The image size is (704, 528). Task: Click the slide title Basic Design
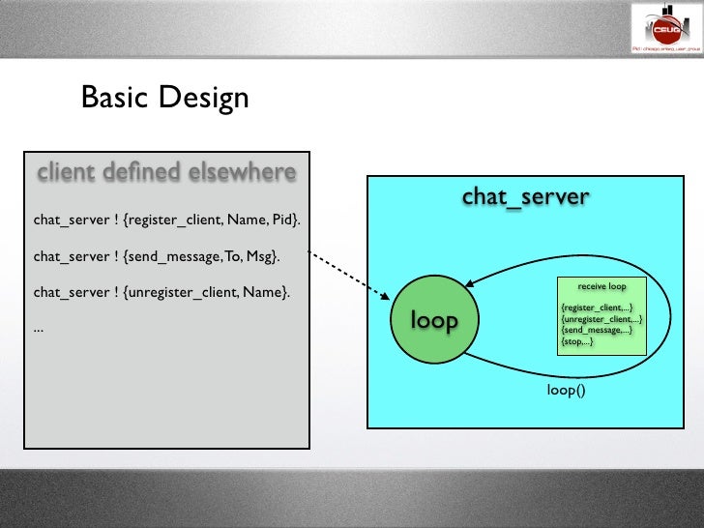coord(165,98)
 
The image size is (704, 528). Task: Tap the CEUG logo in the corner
coord(665,27)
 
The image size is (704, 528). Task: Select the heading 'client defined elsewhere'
coord(166,173)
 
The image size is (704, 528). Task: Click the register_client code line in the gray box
coord(167,220)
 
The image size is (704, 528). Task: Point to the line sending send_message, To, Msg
coord(157,256)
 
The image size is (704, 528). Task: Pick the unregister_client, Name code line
coord(161,292)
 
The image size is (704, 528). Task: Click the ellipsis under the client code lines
coord(38,328)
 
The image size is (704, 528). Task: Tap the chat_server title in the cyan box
coord(525,196)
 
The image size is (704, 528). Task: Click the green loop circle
coord(434,320)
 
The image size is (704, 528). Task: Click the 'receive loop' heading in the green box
coord(601,287)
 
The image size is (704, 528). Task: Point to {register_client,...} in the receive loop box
coord(597,308)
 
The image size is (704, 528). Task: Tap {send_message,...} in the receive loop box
coord(597,331)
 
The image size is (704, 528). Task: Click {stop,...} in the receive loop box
coord(577,342)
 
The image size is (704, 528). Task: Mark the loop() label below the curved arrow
coord(567,392)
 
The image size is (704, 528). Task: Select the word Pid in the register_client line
coord(285,220)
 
